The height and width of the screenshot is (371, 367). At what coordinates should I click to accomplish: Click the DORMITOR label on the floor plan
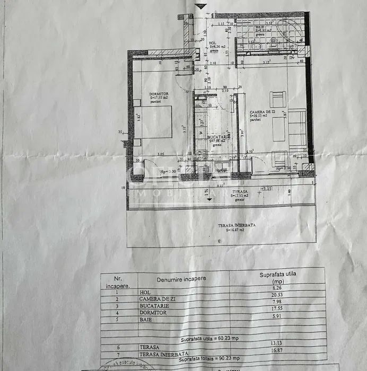(x=158, y=94)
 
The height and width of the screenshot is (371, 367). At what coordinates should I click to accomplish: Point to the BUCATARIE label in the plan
(x=218, y=137)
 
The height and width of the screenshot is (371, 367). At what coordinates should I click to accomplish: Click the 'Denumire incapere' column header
(x=181, y=279)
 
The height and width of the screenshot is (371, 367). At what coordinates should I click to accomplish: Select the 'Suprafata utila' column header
(x=277, y=278)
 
